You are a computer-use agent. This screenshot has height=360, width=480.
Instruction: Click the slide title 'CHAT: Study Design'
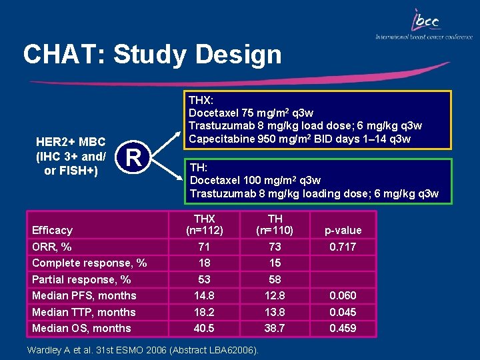[x=152, y=55]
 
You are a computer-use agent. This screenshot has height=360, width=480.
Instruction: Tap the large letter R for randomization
[x=134, y=158]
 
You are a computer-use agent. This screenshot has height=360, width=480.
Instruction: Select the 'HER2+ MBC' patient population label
[x=70, y=143]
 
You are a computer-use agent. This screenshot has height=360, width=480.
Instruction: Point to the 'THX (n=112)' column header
[x=204, y=224]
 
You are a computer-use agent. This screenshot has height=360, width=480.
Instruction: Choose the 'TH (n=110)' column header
[x=275, y=224]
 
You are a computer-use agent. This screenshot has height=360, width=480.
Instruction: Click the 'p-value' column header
[x=343, y=230]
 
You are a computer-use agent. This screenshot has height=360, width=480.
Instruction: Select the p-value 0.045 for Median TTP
[x=343, y=312]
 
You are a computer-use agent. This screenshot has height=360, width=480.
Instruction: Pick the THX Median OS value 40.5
[x=204, y=328]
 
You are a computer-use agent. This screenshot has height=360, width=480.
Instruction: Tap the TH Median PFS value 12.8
[x=275, y=295]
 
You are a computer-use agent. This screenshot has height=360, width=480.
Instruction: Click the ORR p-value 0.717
[x=343, y=247]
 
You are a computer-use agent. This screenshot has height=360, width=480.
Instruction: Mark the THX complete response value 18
[x=204, y=263]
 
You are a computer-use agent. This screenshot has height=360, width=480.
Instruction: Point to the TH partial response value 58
[x=275, y=279]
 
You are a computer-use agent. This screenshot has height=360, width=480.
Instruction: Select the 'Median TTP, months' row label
[x=83, y=312]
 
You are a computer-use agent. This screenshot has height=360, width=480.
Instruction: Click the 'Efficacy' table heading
[x=52, y=230]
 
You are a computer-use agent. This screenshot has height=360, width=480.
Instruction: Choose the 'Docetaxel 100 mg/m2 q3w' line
[x=255, y=180]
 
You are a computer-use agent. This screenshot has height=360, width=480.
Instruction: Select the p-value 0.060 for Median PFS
[x=343, y=295]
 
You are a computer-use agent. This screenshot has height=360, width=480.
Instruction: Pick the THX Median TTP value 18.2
[x=204, y=312]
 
